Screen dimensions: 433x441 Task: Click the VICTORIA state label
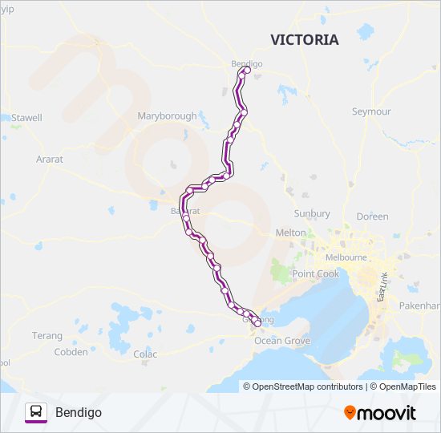pyautogui.click(x=305, y=40)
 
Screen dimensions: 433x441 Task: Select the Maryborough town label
pyautogui.click(x=167, y=116)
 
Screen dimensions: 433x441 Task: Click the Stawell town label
pyautogui.click(x=26, y=118)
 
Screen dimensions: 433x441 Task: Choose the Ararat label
pyautogui.click(x=50, y=160)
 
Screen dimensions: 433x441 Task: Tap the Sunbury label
pyautogui.click(x=312, y=214)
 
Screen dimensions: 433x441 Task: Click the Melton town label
pyautogui.click(x=291, y=233)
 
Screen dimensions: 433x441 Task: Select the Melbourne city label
pyautogui.click(x=346, y=257)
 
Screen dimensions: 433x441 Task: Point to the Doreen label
pyautogui.click(x=372, y=216)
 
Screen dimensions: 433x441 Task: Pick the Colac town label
pyautogui.click(x=145, y=354)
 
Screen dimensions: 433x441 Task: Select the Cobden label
pyautogui.click(x=71, y=352)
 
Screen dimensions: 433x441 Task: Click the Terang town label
pyautogui.click(x=47, y=335)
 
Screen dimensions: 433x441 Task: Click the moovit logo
pyautogui.click(x=380, y=412)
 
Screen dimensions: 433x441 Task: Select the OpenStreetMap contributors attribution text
pyautogui.click(x=303, y=386)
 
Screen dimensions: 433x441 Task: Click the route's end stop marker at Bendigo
pyautogui.click(x=246, y=71)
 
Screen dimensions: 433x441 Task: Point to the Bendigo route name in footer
pyautogui.click(x=79, y=412)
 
